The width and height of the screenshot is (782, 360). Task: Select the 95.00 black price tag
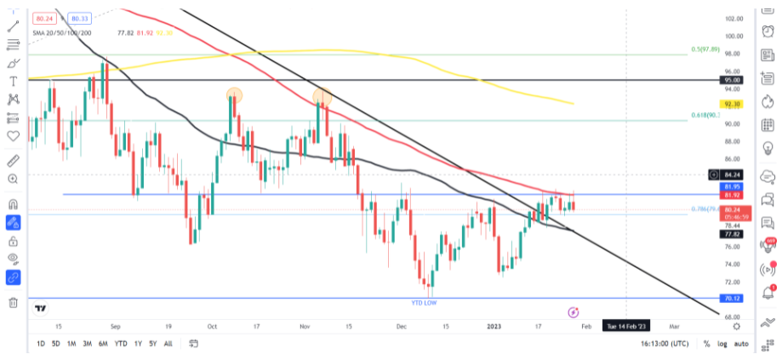tap(732, 79)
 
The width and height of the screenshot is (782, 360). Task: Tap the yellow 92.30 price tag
tap(732, 104)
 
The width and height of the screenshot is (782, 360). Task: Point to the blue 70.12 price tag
tap(732, 299)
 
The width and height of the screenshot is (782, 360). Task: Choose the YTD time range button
tap(121, 343)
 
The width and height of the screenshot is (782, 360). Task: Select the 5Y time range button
tap(152, 343)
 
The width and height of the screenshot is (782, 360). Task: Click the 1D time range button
tap(41, 343)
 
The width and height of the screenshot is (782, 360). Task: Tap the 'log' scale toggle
tap(723, 344)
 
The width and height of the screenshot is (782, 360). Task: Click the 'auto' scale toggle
tap(743, 344)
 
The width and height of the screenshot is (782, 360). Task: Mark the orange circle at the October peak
tap(234, 94)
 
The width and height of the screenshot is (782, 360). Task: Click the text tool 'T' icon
tap(13, 81)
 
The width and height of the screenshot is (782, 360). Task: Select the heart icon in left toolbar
tap(13, 134)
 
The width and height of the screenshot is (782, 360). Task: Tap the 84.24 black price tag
tap(732, 175)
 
